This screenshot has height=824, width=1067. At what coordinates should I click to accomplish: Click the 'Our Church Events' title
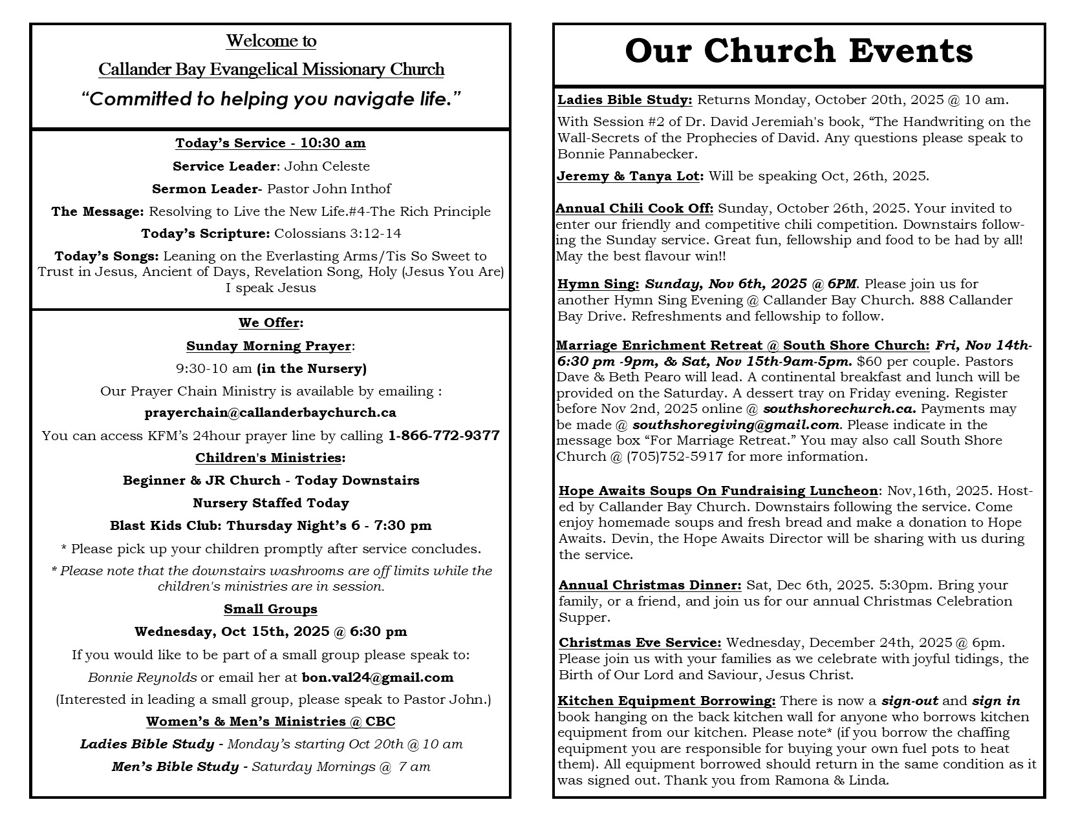[x=799, y=51]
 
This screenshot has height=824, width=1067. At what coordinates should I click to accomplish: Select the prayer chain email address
[x=270, y=412]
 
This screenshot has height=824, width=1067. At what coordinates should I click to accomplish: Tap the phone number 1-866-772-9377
[x=444, y=436]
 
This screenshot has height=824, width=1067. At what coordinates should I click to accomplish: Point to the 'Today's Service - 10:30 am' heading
[x=270, y=143]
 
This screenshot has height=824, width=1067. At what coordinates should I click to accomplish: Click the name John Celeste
[x=327, y=166]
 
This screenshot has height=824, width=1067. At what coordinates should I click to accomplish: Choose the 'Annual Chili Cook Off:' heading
[x=634, y=208]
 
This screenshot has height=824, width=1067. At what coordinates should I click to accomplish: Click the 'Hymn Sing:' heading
[x=598, y=284]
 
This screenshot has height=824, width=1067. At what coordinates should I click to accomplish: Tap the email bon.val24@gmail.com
[x=378, y=677]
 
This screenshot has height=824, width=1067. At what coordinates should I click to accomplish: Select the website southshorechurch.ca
[x=839, y=409]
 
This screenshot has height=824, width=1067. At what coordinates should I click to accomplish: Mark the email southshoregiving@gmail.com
[x=736, y=425]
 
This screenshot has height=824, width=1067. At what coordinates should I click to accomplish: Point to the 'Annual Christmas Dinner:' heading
[x=650, y=585]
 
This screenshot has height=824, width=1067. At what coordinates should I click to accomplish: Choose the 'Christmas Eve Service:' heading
[x=640, y=642]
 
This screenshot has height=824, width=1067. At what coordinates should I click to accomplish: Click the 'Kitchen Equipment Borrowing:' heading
[x=666, y=701]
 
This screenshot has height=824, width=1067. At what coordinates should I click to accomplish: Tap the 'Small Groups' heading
[x=270, y=609]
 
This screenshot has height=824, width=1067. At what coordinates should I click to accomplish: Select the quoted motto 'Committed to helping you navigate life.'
[x=271, y=99]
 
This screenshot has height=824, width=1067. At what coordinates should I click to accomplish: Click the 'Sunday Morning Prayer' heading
[x=268, y=346]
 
